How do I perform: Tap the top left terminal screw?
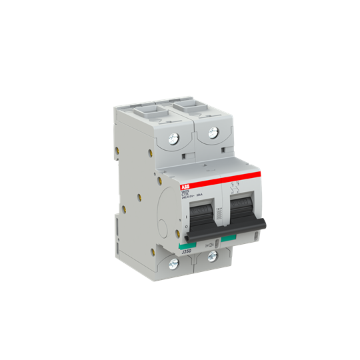click(x=175, y=139)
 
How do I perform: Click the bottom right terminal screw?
click(x=212, y=255)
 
